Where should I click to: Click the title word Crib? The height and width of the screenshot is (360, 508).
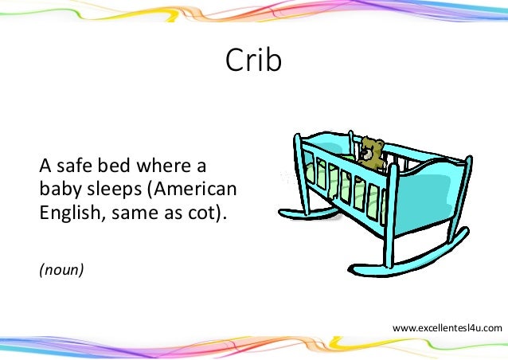click(253, 61)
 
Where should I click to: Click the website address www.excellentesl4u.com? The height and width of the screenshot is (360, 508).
click(447, 327)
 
